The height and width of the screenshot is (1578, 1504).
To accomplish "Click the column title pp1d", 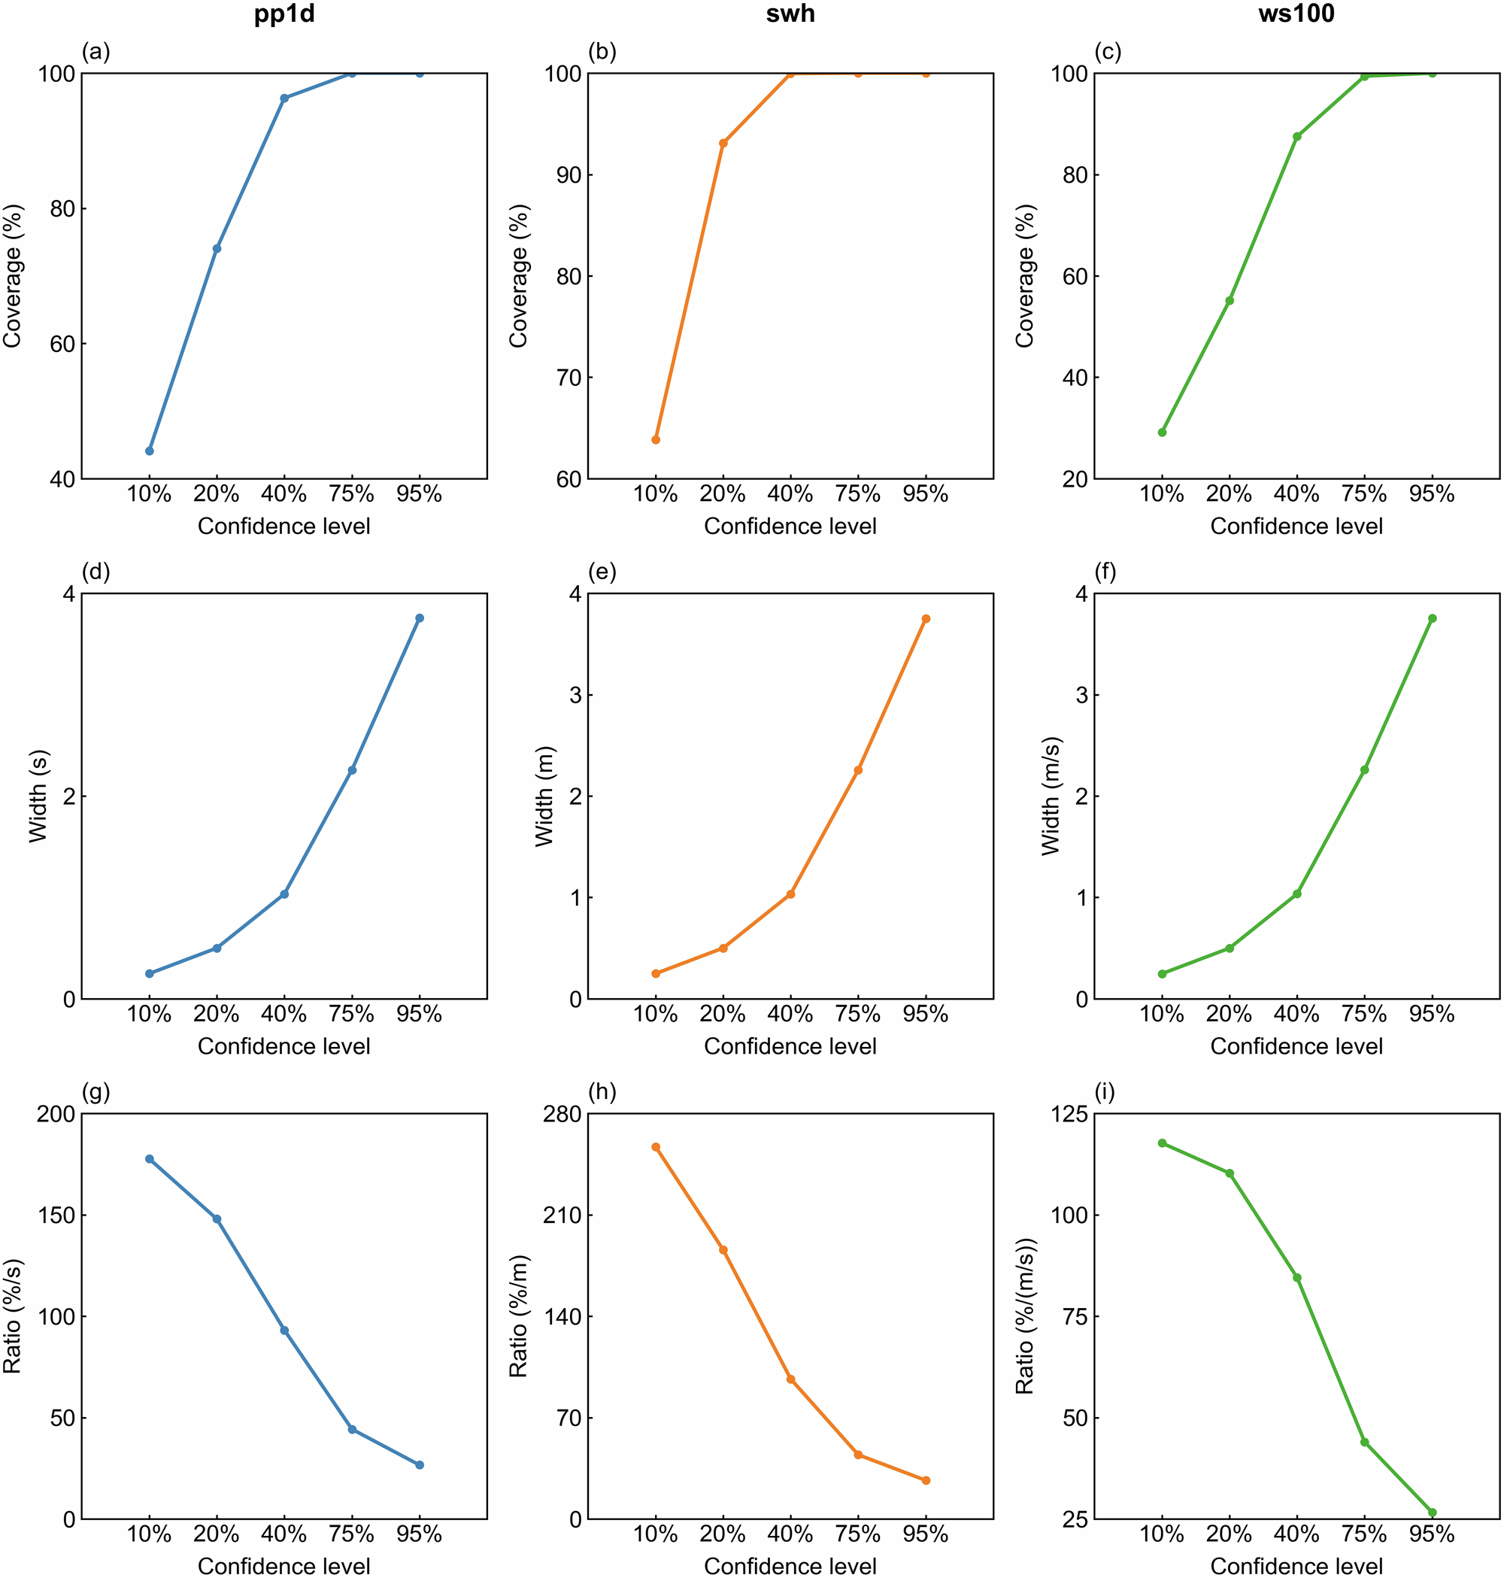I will coord(284,14).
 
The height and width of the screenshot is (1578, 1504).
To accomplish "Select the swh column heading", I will coord(790,14).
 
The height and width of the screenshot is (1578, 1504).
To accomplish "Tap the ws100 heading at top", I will coord(1296,14).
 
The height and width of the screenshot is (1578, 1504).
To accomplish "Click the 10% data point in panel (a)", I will coord(149,451).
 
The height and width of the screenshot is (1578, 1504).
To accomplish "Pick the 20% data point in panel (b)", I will coord(723,144).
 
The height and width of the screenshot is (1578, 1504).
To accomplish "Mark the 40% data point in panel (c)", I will coord(1296,136).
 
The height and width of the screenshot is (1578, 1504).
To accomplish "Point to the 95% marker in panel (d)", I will coord(420,618).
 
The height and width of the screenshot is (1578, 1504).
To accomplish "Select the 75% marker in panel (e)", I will coord(858,769).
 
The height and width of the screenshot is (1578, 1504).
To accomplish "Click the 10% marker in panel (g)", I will coord(149,1158).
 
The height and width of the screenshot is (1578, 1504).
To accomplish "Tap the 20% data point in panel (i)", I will coord(1229,1173).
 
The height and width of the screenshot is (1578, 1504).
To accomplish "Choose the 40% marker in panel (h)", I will coord(790,1379).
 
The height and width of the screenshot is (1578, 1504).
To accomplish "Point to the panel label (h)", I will coord(602,1091).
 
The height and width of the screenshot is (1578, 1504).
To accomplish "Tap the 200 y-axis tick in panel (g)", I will coord(56,1114).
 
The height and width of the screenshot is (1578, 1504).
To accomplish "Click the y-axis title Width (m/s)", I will coord(1051,797).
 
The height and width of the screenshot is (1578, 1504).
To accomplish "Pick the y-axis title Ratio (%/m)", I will coord(518,1316).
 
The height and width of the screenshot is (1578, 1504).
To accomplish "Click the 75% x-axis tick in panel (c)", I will coord(1363,495).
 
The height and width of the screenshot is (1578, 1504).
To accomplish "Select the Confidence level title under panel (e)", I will coord(790,1046).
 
